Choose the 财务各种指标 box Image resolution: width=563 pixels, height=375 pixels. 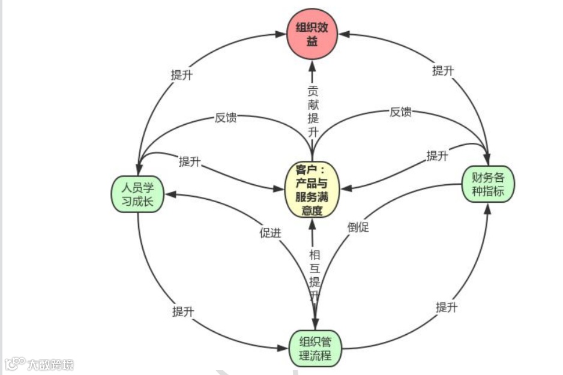coord(487,185)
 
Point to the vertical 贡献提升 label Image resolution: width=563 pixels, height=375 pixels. coord(313,111)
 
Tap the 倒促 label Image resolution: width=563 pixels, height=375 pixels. coord(358,227)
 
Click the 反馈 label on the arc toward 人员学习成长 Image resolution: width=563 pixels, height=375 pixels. coord(226,117)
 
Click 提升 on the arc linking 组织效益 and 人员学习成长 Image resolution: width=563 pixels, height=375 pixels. coord(181,75)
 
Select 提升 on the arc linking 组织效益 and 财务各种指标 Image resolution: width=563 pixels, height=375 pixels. coord(443,70)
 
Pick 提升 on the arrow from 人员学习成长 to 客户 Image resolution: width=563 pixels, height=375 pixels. coord(190,161)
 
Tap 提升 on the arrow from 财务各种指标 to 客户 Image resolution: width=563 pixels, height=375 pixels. coord(437,156)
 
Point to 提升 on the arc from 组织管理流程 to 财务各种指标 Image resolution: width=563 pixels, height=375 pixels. coord(447,308)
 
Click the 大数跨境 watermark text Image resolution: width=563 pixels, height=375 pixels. coord(50,364)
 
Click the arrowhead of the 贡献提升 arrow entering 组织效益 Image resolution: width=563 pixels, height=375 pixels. coord(312,63)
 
